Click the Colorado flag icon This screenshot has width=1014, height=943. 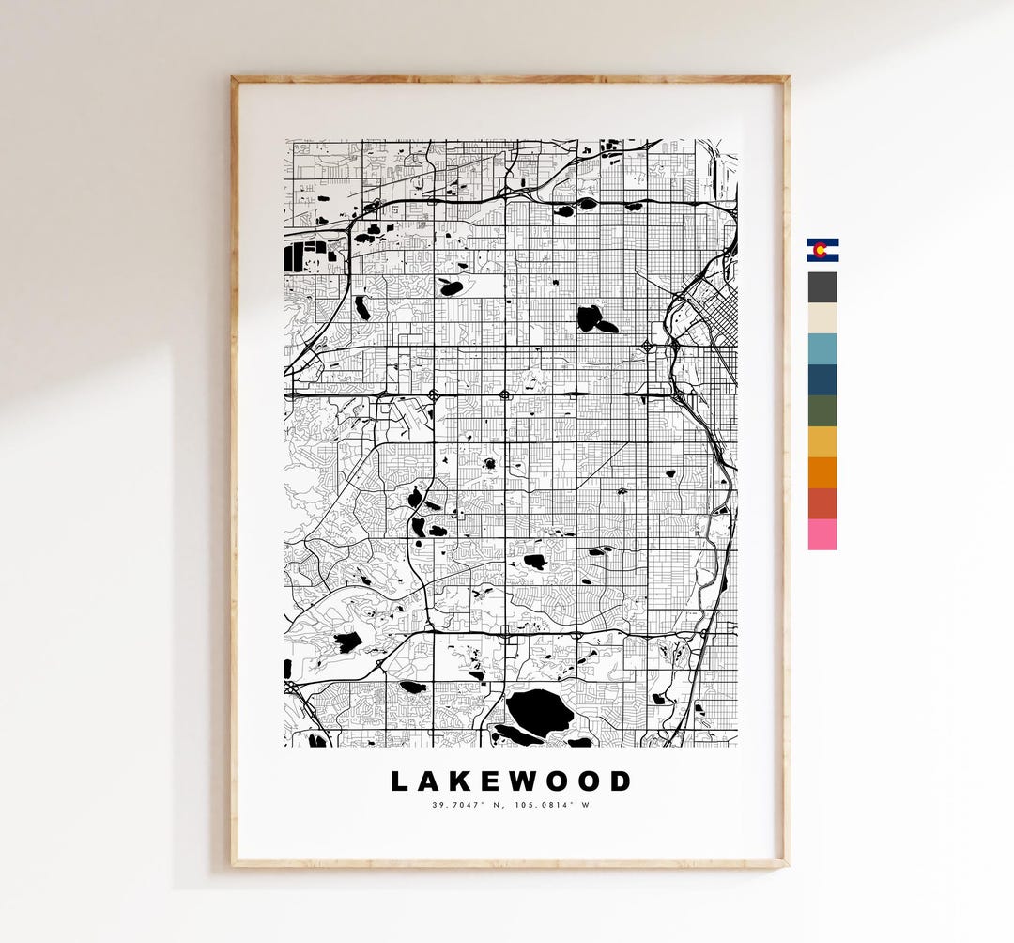[822, 250]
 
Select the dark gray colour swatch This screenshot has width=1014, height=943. [822, 286]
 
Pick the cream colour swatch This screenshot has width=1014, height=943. [822, 317]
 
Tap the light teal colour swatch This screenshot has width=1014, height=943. [822, 348]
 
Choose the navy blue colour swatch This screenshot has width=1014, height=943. [822, 379]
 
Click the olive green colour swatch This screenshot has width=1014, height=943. [822, 410]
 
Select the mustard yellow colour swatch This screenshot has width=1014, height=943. [822, 441]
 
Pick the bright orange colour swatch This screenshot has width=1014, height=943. [822, 472]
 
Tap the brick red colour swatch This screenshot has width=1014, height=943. [822, 503]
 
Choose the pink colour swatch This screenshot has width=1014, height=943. [822, 534]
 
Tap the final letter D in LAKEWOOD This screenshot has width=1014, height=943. [621, 781]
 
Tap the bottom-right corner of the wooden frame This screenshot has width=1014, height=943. [786, 863]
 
